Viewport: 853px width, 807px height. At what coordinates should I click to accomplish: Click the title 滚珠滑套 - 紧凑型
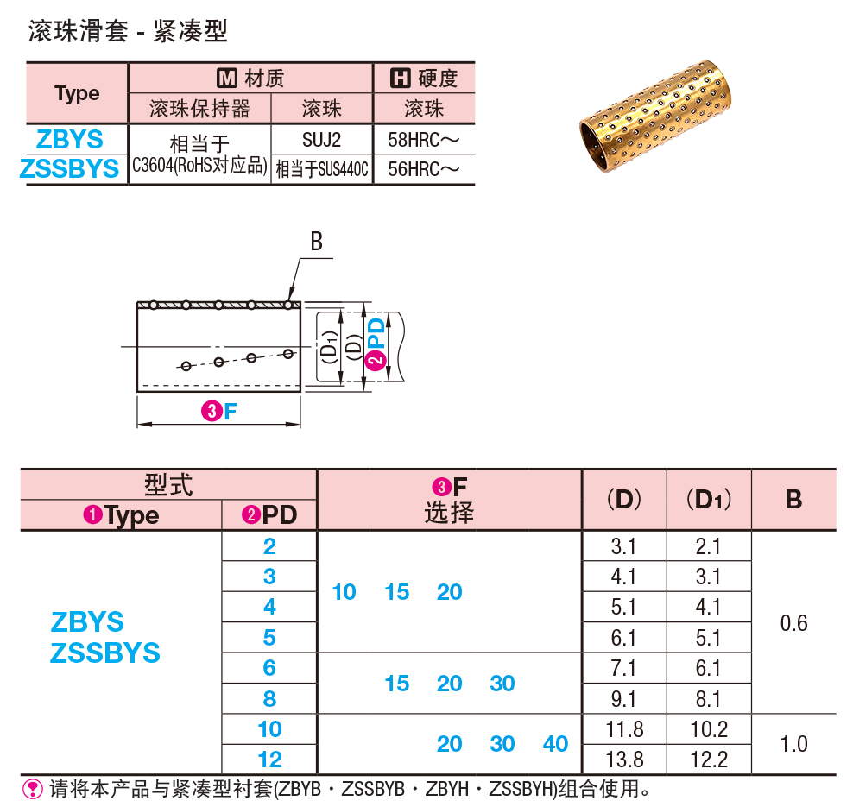pos(128,32)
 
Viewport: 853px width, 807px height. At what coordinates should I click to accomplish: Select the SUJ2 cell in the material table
pos(321,139)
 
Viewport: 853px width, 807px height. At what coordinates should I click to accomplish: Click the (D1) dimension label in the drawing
pos(327,347)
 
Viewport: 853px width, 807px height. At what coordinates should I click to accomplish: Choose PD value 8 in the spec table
pos(269,698)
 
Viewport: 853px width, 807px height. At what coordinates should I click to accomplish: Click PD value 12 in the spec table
pos(269,760)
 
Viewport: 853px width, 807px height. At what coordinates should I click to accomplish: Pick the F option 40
pos(555,744)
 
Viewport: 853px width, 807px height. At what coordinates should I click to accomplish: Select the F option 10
pos(344,592)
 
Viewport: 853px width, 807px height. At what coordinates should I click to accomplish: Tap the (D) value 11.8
pos(624,729)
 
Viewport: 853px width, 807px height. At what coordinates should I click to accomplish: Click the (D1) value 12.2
pos(709,760)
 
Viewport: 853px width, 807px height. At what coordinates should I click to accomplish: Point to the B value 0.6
pos(793,622)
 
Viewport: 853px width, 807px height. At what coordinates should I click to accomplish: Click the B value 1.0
pos(793,744)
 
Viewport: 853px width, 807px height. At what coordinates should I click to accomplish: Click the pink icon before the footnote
pos(33,788)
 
